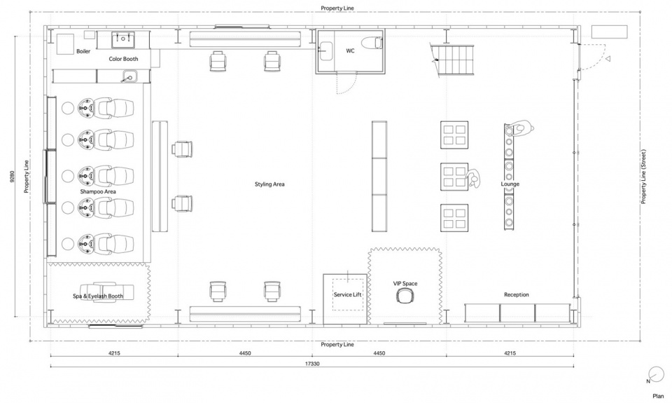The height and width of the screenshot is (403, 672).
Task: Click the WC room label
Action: click(350, 50)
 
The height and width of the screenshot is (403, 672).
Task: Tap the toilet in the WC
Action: click(372, 43)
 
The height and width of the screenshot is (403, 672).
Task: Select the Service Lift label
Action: click(348, 295)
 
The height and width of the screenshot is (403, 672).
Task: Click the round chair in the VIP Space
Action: click(405, 295)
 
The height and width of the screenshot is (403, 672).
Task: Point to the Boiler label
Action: click(83, 51)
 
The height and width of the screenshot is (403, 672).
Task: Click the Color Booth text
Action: click(123, 59)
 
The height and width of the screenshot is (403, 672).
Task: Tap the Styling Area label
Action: click(269, 184)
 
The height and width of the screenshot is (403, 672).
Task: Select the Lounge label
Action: click(510, 184)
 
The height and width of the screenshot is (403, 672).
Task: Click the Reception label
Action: click(517, 294)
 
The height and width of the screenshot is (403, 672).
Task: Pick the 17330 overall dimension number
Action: click(312, 364)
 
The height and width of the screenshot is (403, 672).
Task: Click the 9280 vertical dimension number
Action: click(12, 177)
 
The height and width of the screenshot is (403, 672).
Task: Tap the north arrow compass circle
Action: click(656, 374)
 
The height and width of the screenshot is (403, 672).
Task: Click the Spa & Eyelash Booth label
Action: click(98, 296)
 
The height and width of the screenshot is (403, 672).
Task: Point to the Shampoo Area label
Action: click(98, 191)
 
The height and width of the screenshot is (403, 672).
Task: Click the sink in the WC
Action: click(325, 50)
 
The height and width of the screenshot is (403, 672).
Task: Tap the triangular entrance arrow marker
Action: click(608, 59)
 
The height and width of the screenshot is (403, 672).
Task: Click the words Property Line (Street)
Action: click(643, 177)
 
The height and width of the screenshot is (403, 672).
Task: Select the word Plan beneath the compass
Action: click(658, 396)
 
